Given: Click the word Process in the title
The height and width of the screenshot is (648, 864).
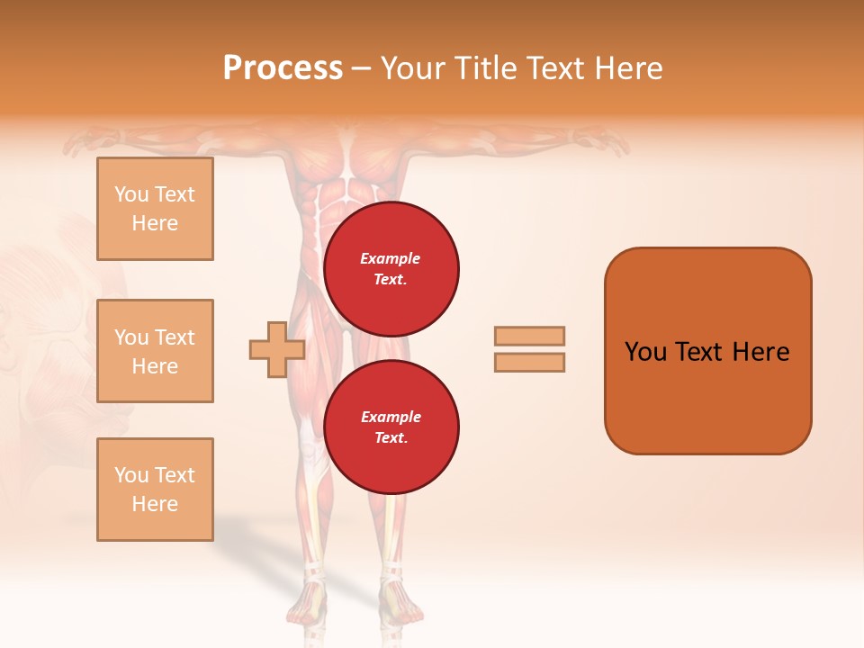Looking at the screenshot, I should point(283,68).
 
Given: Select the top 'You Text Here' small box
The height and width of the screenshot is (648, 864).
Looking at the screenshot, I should point(155,209).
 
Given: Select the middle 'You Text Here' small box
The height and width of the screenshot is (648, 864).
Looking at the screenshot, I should point(155,351).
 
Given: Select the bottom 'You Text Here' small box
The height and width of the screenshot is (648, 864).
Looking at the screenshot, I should point(155,489).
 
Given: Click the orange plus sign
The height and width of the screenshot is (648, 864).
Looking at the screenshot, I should point(276,349).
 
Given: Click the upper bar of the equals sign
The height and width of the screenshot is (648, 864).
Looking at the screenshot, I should point(530,336).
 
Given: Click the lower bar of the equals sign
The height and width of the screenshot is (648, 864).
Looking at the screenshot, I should point(530,362).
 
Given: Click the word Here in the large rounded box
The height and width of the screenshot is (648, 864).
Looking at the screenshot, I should point(760,352).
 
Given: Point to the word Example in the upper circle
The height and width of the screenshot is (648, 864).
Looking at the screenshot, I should point(390,258).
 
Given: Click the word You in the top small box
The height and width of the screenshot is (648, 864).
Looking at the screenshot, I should point(130,194).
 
